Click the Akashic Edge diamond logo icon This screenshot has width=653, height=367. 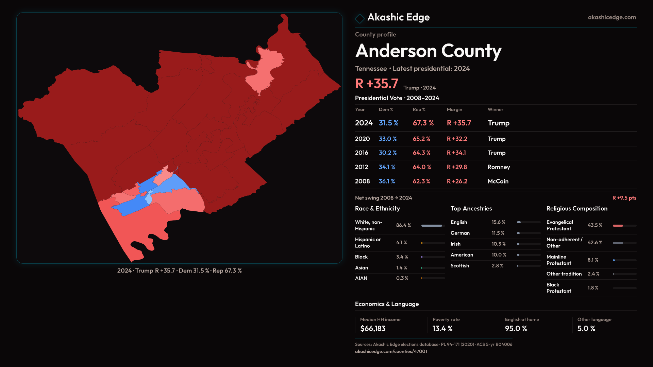click(359, 18)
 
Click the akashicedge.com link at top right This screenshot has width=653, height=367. click(612, 17)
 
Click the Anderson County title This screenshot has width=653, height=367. click(428, 51)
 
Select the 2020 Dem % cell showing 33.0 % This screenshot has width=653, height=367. click(388, 139)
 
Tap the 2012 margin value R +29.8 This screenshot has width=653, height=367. click(457, 167)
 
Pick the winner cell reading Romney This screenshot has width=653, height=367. click(499, 167)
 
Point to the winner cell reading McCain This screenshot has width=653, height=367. click(498, 181)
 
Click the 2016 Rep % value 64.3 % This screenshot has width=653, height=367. click(421, 153)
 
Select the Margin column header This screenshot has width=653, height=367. click(454, 109)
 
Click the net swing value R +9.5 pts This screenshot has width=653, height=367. click(624, 198)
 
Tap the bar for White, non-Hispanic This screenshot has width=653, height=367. click(432, 226)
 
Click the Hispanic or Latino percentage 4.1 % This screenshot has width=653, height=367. click(401, 243)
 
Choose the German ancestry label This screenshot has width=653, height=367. click(460, 233)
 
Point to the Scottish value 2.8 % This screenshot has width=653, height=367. click(497, 266)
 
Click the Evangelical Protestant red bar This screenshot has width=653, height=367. click(618, 226)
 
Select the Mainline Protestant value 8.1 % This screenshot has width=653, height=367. click(592, 260)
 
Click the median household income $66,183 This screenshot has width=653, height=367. click(373, 329)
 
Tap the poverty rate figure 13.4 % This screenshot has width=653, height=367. click(442, 329)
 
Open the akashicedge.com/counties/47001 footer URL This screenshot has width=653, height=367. click(391, 351)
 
